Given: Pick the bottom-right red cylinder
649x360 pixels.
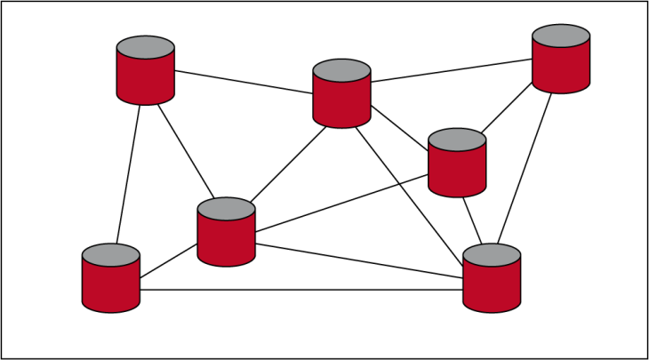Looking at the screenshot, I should click(492, 284).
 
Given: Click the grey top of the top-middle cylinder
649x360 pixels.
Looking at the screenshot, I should click(341, 69).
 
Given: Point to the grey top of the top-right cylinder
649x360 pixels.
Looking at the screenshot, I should click(561, 36).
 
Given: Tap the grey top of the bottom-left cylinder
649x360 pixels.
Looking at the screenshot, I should click(111, 255).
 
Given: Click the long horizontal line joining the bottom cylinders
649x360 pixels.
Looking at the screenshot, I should click(302, 290).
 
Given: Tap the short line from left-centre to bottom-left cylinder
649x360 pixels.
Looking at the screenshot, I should click(169, 259).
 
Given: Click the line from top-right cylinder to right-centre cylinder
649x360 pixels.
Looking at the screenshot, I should click(508, 110).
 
